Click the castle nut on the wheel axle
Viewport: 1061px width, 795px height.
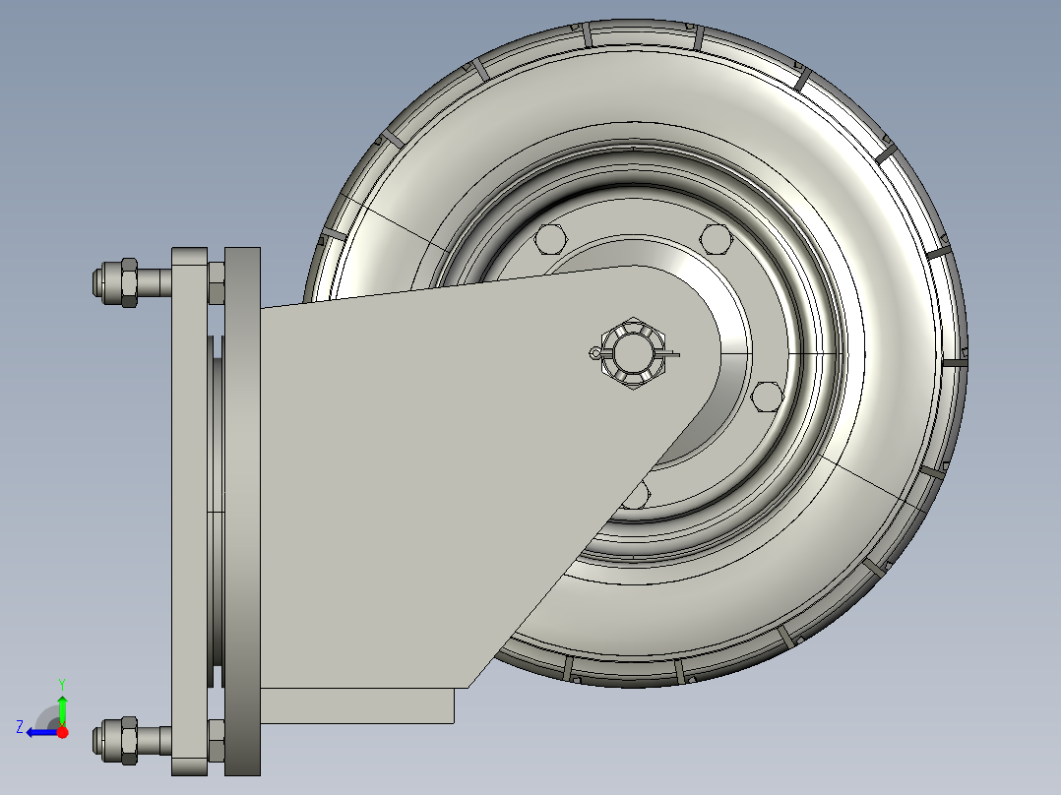634,353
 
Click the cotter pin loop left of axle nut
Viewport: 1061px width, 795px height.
594,353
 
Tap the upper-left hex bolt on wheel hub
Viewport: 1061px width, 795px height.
549,239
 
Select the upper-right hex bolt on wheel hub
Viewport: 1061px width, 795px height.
716,239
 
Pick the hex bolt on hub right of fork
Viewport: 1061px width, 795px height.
768,397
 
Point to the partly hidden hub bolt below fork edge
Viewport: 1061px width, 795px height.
638,495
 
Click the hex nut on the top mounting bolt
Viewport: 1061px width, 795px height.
129,282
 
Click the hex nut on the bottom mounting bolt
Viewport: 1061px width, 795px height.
129,741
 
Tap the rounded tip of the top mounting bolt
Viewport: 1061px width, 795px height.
97,282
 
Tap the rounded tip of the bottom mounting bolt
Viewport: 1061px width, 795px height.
97,741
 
